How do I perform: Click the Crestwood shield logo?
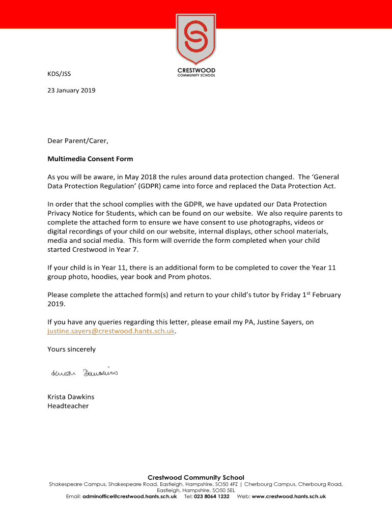coord(196,38)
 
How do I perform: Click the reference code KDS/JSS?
coord(59,74)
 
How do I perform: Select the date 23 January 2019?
coord(71,91)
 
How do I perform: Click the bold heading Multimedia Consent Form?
coord(90,159)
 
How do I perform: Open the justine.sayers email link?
coord(111,331)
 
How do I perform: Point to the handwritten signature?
coord(85,373)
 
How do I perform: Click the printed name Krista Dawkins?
coord(71,397)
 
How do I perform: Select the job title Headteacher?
coord(68,406)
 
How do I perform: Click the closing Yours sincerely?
coord(71,350)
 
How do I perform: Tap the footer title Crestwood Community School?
coord(196,477)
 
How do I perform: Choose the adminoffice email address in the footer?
coord(129,497)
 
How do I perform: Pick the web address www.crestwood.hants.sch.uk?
coord(289,497)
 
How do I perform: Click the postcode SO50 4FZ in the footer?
coord(227,484)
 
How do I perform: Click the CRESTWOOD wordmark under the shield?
coord(196,70)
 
